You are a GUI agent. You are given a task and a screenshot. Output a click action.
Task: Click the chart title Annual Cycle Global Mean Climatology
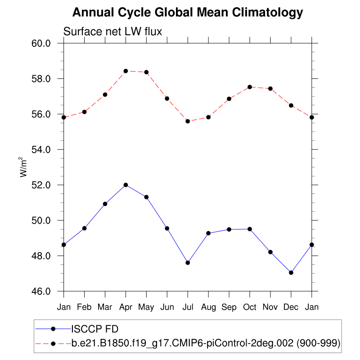(x=188, y=13)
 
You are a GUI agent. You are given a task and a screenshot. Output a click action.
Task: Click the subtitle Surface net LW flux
(x=112, y=31)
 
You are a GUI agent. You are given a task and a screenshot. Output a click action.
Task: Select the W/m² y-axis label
(x=22, y=167)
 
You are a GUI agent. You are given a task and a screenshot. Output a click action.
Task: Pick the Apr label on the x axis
(x=126, y=307)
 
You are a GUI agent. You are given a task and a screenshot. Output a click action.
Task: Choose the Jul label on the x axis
(x=188, y=307)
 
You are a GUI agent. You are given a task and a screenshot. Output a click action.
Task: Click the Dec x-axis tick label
(x=291, y=307)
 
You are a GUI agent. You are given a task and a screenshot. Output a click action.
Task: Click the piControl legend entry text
(x=205, y=343)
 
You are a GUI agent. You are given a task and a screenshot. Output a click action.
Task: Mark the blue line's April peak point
(x=126, y=185)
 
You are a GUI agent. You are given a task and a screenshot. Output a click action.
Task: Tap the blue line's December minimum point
(x=291, y=273)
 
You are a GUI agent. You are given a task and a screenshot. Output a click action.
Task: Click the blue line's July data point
(x=188, y=263)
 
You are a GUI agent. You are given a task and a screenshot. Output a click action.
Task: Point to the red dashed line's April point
(x=126, y=71)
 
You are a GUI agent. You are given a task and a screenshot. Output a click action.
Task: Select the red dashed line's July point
(x=188, y=121)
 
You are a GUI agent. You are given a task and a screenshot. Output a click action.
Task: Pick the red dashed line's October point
(x=250, y=87)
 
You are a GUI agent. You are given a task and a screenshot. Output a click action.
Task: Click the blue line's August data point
(x=208, y=233)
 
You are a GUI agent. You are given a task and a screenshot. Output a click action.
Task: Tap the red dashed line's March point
(x=105, y=94)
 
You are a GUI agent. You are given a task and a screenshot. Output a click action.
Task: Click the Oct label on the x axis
(x=250, y=307)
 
